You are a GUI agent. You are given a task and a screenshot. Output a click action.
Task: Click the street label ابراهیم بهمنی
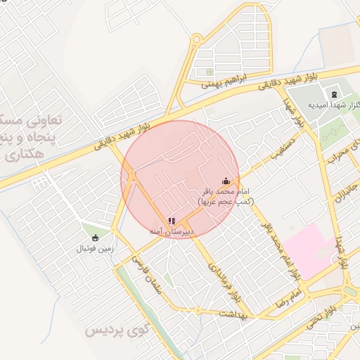point(226,83)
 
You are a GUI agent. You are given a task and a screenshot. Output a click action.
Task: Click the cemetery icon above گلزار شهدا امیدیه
point(333,94)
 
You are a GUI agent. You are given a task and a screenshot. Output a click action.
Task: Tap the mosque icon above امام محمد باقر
point(225,181)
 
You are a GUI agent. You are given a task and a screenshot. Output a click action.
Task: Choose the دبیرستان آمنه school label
point(172,231)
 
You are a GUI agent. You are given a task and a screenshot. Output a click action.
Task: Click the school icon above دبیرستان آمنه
point(172,221)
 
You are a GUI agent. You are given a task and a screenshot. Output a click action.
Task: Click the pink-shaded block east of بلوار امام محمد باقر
point(309,250)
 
